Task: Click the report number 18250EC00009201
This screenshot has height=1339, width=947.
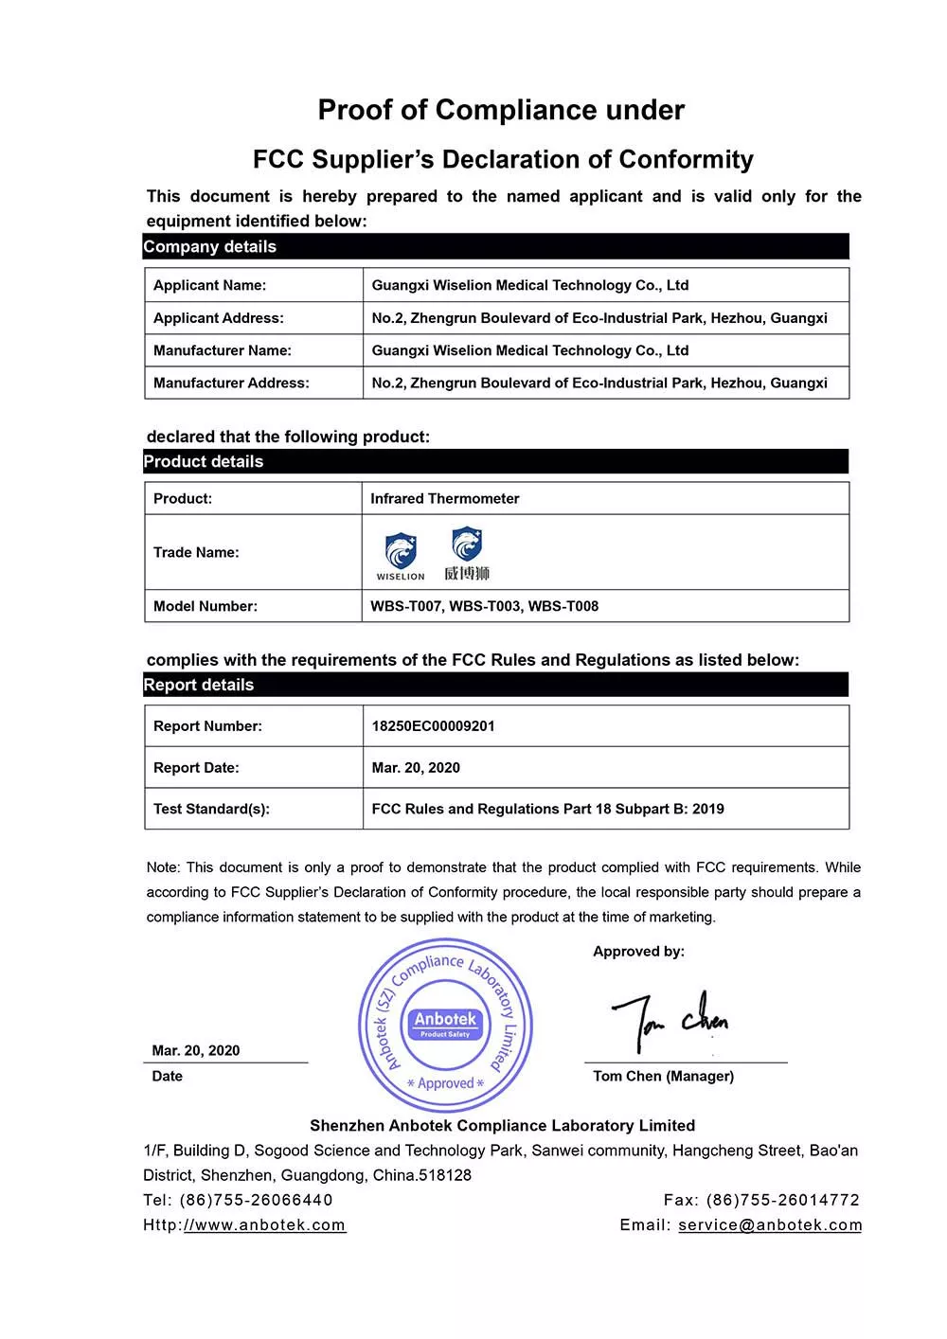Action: point(433,726)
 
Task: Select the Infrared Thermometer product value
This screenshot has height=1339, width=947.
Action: point(444,499)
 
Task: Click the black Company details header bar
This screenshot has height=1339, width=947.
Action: point(496,246)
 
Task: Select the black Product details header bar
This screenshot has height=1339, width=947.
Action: point(496,462)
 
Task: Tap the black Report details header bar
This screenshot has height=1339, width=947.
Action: point(496,685)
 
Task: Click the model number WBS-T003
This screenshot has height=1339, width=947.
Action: point(484,606)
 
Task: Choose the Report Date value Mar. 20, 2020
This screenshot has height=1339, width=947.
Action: point(416,768)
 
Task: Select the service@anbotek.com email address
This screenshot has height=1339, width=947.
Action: point(770,1225)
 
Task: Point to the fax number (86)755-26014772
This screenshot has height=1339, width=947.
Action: point(783,1200)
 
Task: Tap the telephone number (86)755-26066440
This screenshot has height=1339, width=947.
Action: point(256,1200)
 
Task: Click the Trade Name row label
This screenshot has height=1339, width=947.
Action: point(196,553)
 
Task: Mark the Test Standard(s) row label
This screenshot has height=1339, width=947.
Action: point(211,810)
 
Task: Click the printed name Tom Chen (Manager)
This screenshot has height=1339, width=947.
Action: point(663,1077)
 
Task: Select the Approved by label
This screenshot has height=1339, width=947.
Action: point(638,952)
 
